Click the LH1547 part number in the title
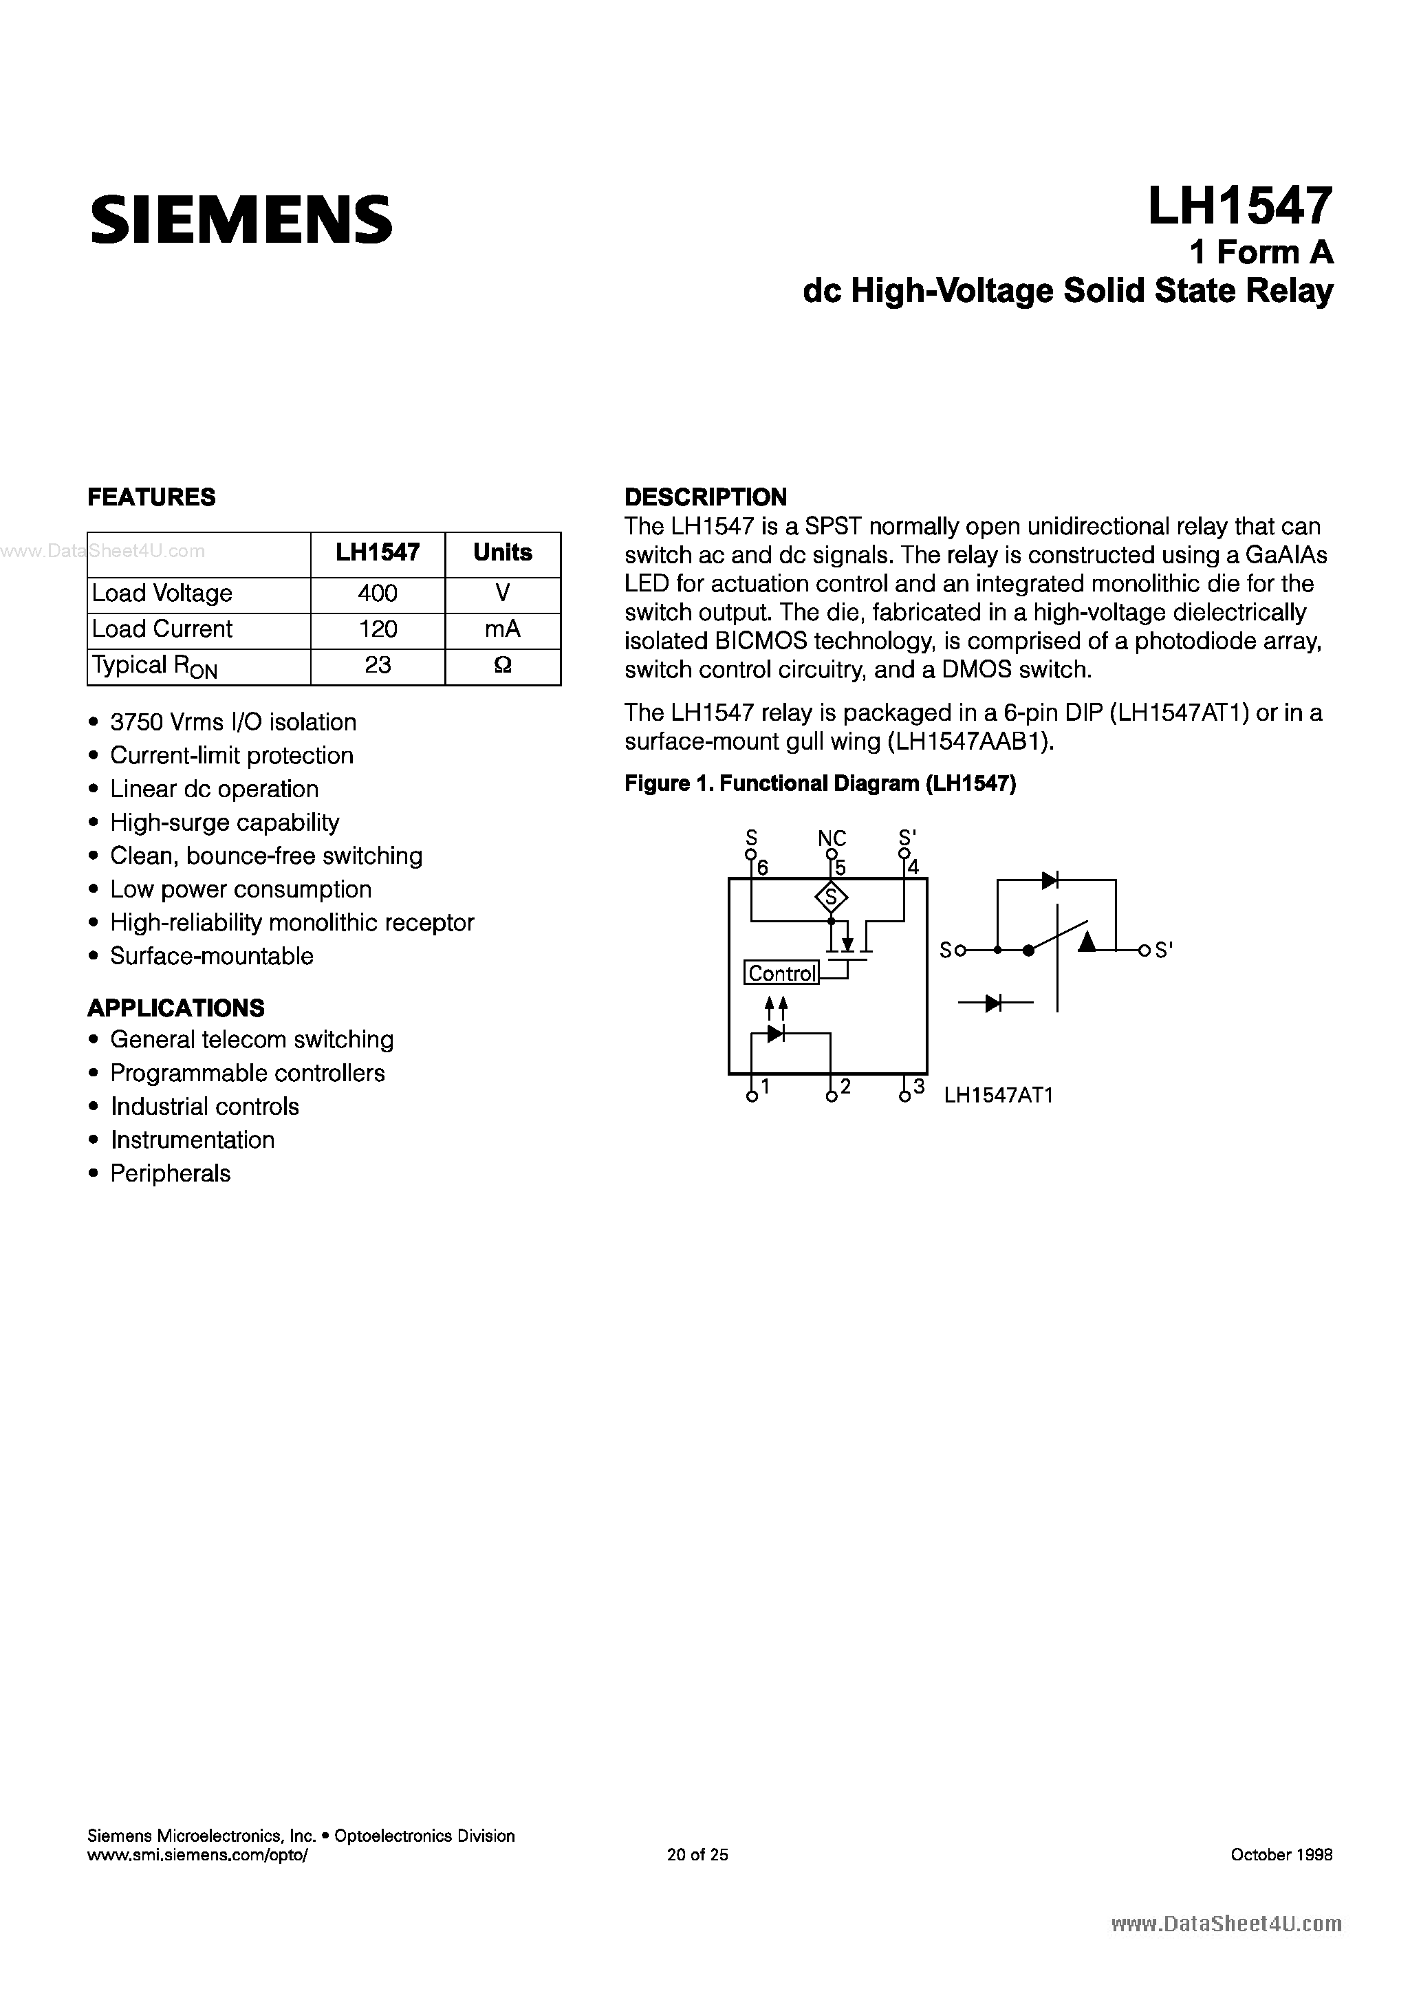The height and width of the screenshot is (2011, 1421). coord(1239,207)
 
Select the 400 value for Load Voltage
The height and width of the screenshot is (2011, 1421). coord(378,594)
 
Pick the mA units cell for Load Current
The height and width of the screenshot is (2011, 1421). coord(502,629)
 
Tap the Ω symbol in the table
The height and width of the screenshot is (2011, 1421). coord(502,666)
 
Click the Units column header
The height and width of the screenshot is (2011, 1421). coord(502,553)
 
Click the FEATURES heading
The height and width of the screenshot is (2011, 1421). coord(151,497)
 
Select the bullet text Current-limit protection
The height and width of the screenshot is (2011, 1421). coord(231,756)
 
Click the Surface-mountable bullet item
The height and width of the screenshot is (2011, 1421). coord(211,957)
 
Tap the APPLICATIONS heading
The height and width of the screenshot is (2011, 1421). coord(175,1008)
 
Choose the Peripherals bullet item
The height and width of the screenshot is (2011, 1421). coord(170,1174)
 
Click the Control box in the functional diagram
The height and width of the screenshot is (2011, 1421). coord(781,973)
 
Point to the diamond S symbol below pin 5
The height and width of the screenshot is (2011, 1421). coord(831,897)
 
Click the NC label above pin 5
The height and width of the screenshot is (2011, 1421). coord(832,838)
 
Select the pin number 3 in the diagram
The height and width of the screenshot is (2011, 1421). coord(918,1087)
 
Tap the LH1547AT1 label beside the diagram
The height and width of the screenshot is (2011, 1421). coord(998,1095)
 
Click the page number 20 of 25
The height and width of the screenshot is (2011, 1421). coord(697,1854)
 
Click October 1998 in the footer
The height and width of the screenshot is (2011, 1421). coord(1281,1854)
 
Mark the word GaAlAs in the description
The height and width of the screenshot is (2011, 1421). coord(1286,555)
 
